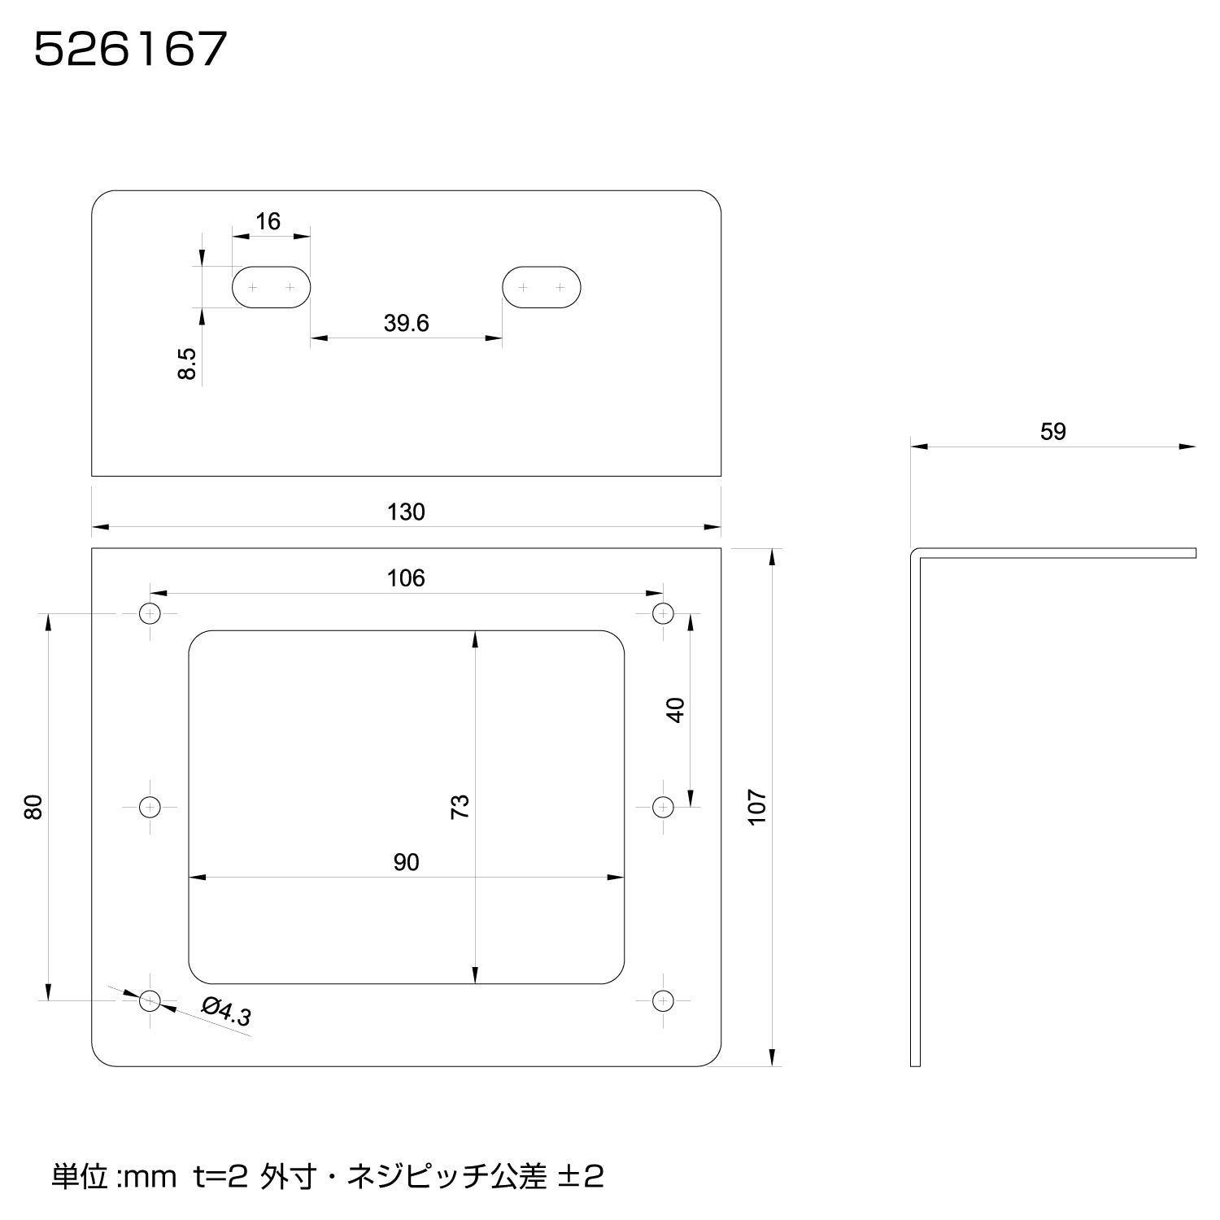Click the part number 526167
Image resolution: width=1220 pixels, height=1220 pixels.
pos(130,50)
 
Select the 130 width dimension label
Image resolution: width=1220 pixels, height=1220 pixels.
pos(406,512)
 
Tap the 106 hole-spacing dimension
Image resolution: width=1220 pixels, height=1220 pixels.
pos(406,578)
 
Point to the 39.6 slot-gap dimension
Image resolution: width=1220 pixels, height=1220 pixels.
pos(406,324)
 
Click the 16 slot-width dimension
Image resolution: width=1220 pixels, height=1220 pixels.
pos(268,221)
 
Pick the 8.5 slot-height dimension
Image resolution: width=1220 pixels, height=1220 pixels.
pos(187,364)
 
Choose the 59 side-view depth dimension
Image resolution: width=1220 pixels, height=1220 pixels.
pos(1053,432)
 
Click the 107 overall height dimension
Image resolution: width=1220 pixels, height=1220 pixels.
pos(757,808)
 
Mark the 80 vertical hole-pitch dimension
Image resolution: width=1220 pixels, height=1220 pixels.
pos(33,807)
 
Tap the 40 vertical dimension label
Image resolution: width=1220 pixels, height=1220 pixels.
pos(676,710)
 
